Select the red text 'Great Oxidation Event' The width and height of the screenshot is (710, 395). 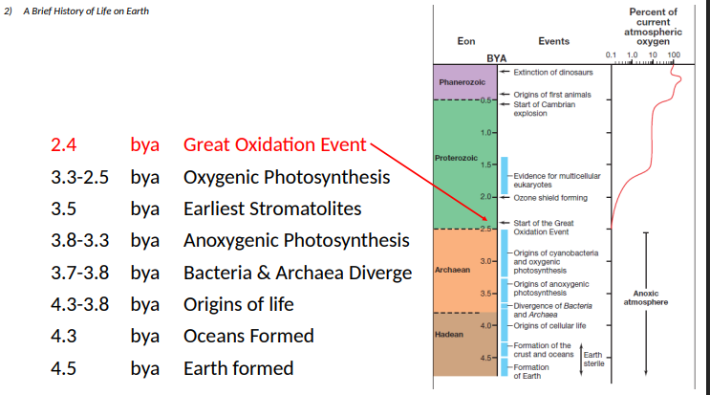tap(274, 145)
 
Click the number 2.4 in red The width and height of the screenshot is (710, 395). tap(63, 145)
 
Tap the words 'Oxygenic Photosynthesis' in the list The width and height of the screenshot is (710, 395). tap(286, 178)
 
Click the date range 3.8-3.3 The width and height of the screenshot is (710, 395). tap(79, 240)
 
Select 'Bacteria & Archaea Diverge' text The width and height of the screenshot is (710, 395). tap(297, 273)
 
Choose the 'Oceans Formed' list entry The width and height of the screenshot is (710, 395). tap(248, 336)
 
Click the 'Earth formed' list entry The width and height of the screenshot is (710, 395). tap(238, 368)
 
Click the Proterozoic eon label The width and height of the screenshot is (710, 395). tap(456, 156)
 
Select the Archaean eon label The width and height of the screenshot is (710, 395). tap(452, 271)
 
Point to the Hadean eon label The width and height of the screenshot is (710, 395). tap(449, 336)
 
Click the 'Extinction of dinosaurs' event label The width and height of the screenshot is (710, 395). tap(553, 73)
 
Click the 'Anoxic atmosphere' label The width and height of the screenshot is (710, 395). tap(646, 297)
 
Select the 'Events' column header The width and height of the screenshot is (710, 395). tap(554, 41)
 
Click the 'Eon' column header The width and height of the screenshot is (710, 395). tap(466, 41)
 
